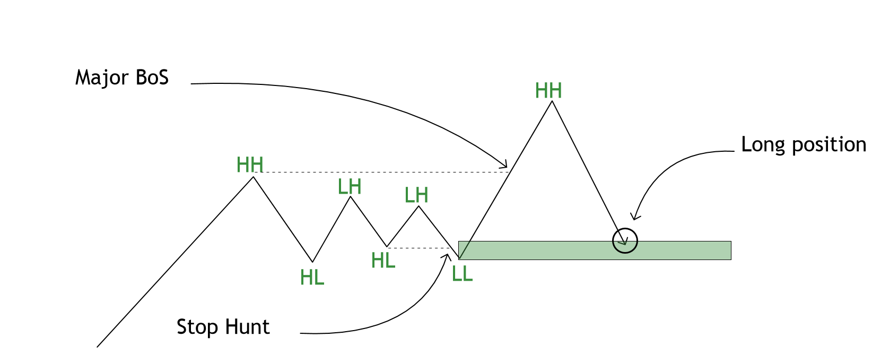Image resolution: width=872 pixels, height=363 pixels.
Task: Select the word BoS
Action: tap(152, 77)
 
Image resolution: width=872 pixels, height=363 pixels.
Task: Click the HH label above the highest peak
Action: tap(548, 91)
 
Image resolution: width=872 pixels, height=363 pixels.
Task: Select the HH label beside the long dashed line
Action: tap(250, 165)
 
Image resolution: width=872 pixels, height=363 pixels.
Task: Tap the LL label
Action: tap(462, 274)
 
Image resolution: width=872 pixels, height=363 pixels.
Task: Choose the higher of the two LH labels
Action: tap(350, 187)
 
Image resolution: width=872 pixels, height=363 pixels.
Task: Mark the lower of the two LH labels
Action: tap(416, 196)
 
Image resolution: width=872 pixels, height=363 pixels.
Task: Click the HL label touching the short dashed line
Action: tap(383, 261)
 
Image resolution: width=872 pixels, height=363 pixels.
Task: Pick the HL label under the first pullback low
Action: tap(312, 278)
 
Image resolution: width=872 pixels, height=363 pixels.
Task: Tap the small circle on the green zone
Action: tap(625, 240)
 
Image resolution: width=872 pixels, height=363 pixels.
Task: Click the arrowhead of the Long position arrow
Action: tap(634, 217)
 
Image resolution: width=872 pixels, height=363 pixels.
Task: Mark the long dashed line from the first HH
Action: tap(382, 172)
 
